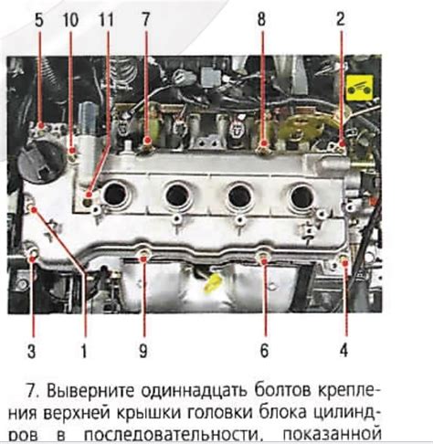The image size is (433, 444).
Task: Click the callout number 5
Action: tap(39, 20)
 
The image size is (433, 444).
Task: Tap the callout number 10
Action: tap(70, 20)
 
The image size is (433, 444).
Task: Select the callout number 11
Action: tap(106, 20)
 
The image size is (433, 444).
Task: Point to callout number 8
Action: tap(261, 19)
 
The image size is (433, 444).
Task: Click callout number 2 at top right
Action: tap(341, 19)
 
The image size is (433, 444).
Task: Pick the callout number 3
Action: tap(32, 351)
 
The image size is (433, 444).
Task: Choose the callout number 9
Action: tap(143, 351)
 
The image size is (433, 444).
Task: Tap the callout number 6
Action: tap(264, 351)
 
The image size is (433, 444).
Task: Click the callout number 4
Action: tap(343, 351)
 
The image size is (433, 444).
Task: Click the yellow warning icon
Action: tap(360, 89)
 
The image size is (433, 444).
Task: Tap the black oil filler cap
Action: tap(41, 163)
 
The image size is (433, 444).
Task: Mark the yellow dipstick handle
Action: tap(213, 282)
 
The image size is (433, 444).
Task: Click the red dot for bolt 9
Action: tap(143, 259)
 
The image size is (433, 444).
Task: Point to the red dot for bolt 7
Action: tap(148, 141)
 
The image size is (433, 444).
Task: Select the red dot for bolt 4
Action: tap(345, 263)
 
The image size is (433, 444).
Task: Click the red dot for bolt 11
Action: tap(89, 195)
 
